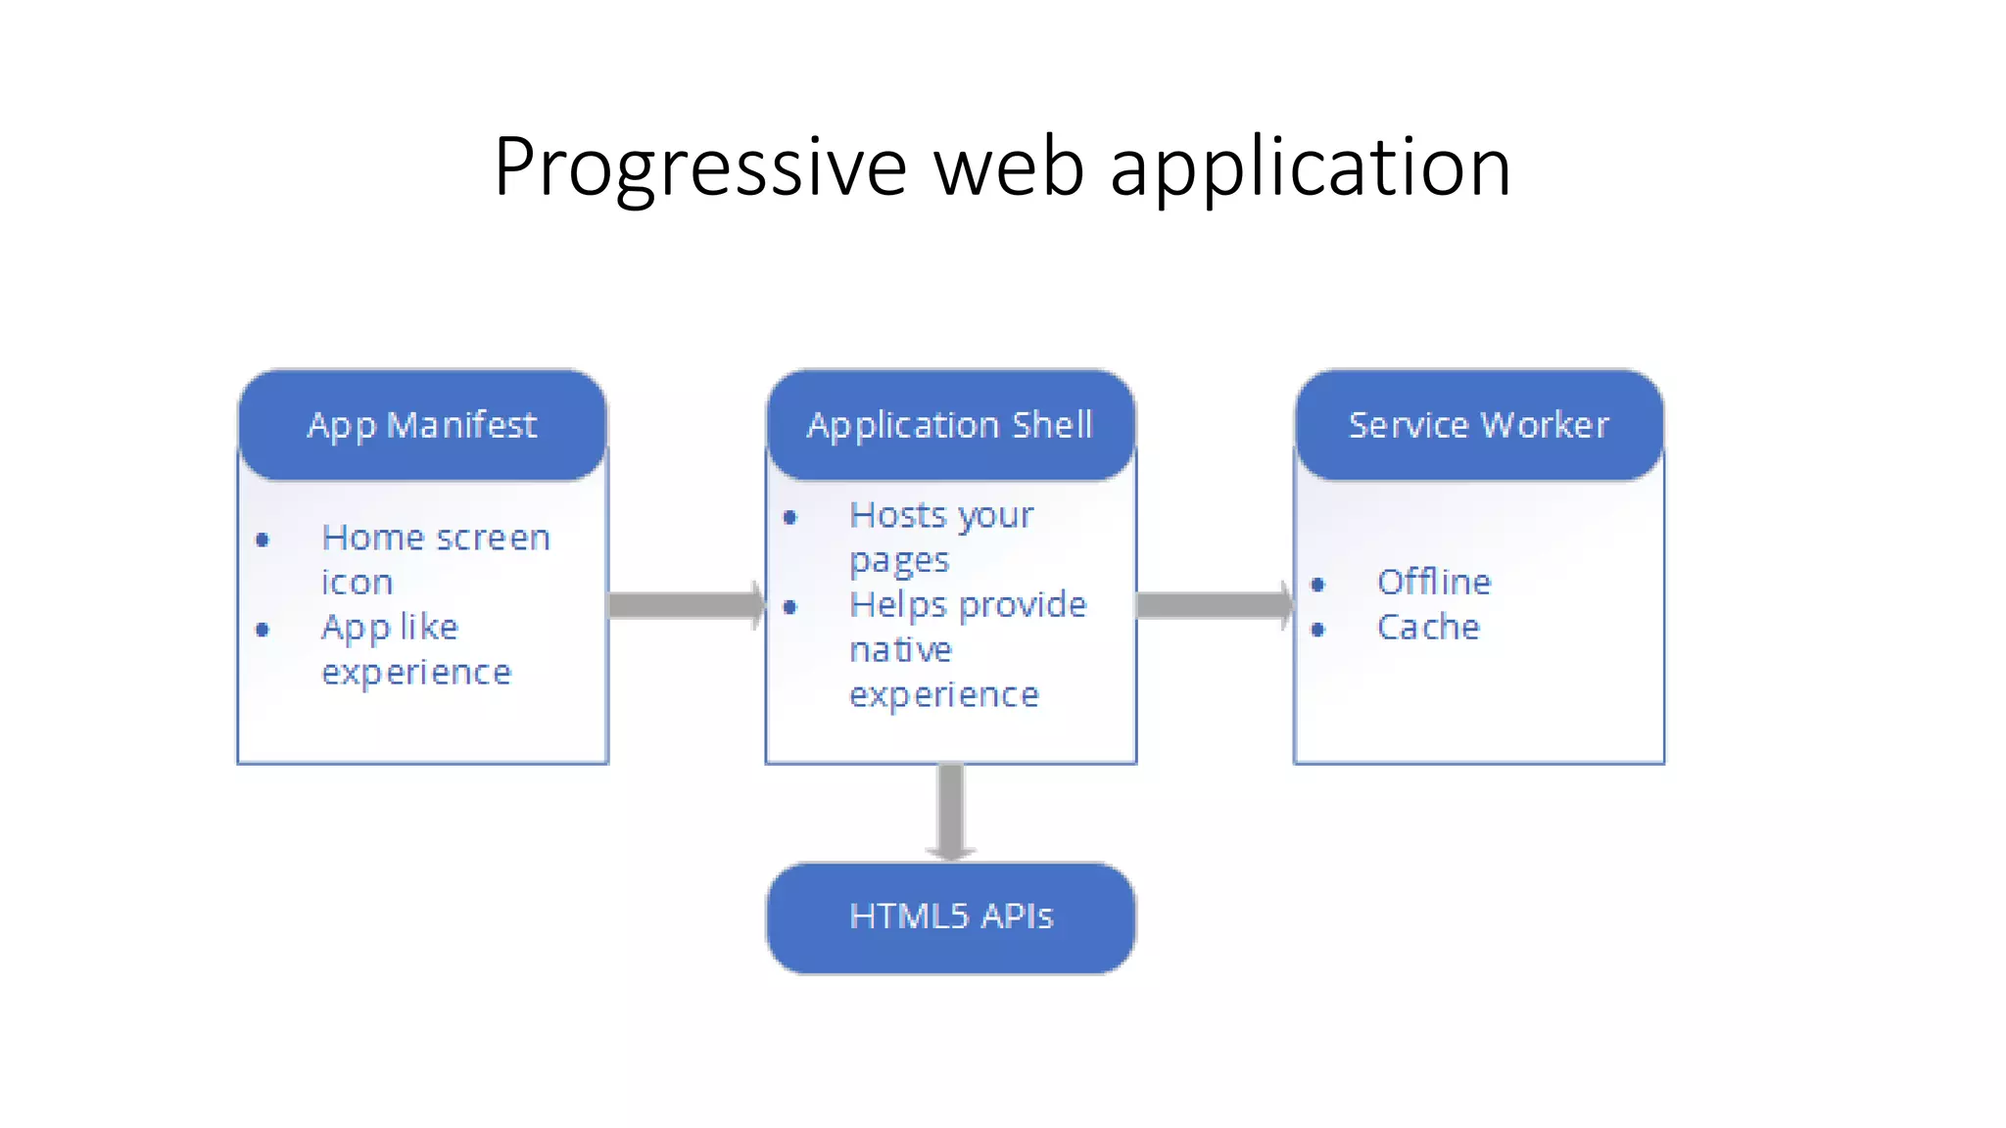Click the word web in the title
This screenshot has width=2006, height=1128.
coord(1009,166)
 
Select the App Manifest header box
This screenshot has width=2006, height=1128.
coord(422,425)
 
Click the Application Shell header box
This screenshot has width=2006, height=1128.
coord(950,425)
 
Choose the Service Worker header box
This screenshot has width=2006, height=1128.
coord(1478,425)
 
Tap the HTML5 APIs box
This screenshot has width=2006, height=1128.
coord(950,917)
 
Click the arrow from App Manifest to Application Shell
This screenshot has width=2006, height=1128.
coord(686,605)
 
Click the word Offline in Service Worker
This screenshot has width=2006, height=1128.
coord(1433,583)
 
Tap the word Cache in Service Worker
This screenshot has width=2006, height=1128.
coord(1427,628)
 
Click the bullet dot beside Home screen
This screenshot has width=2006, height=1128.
coord(263,540)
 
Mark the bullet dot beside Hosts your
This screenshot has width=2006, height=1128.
coord(790,517)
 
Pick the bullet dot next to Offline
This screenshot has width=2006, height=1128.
coord(1318,585)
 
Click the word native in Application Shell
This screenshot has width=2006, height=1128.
coord(900,650)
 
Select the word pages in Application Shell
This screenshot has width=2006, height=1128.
coord(899,562)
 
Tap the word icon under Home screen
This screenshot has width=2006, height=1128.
coord(357,584)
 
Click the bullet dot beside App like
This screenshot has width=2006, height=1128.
coord(263,629)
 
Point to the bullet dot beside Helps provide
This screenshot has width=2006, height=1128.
coord(790,607)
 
